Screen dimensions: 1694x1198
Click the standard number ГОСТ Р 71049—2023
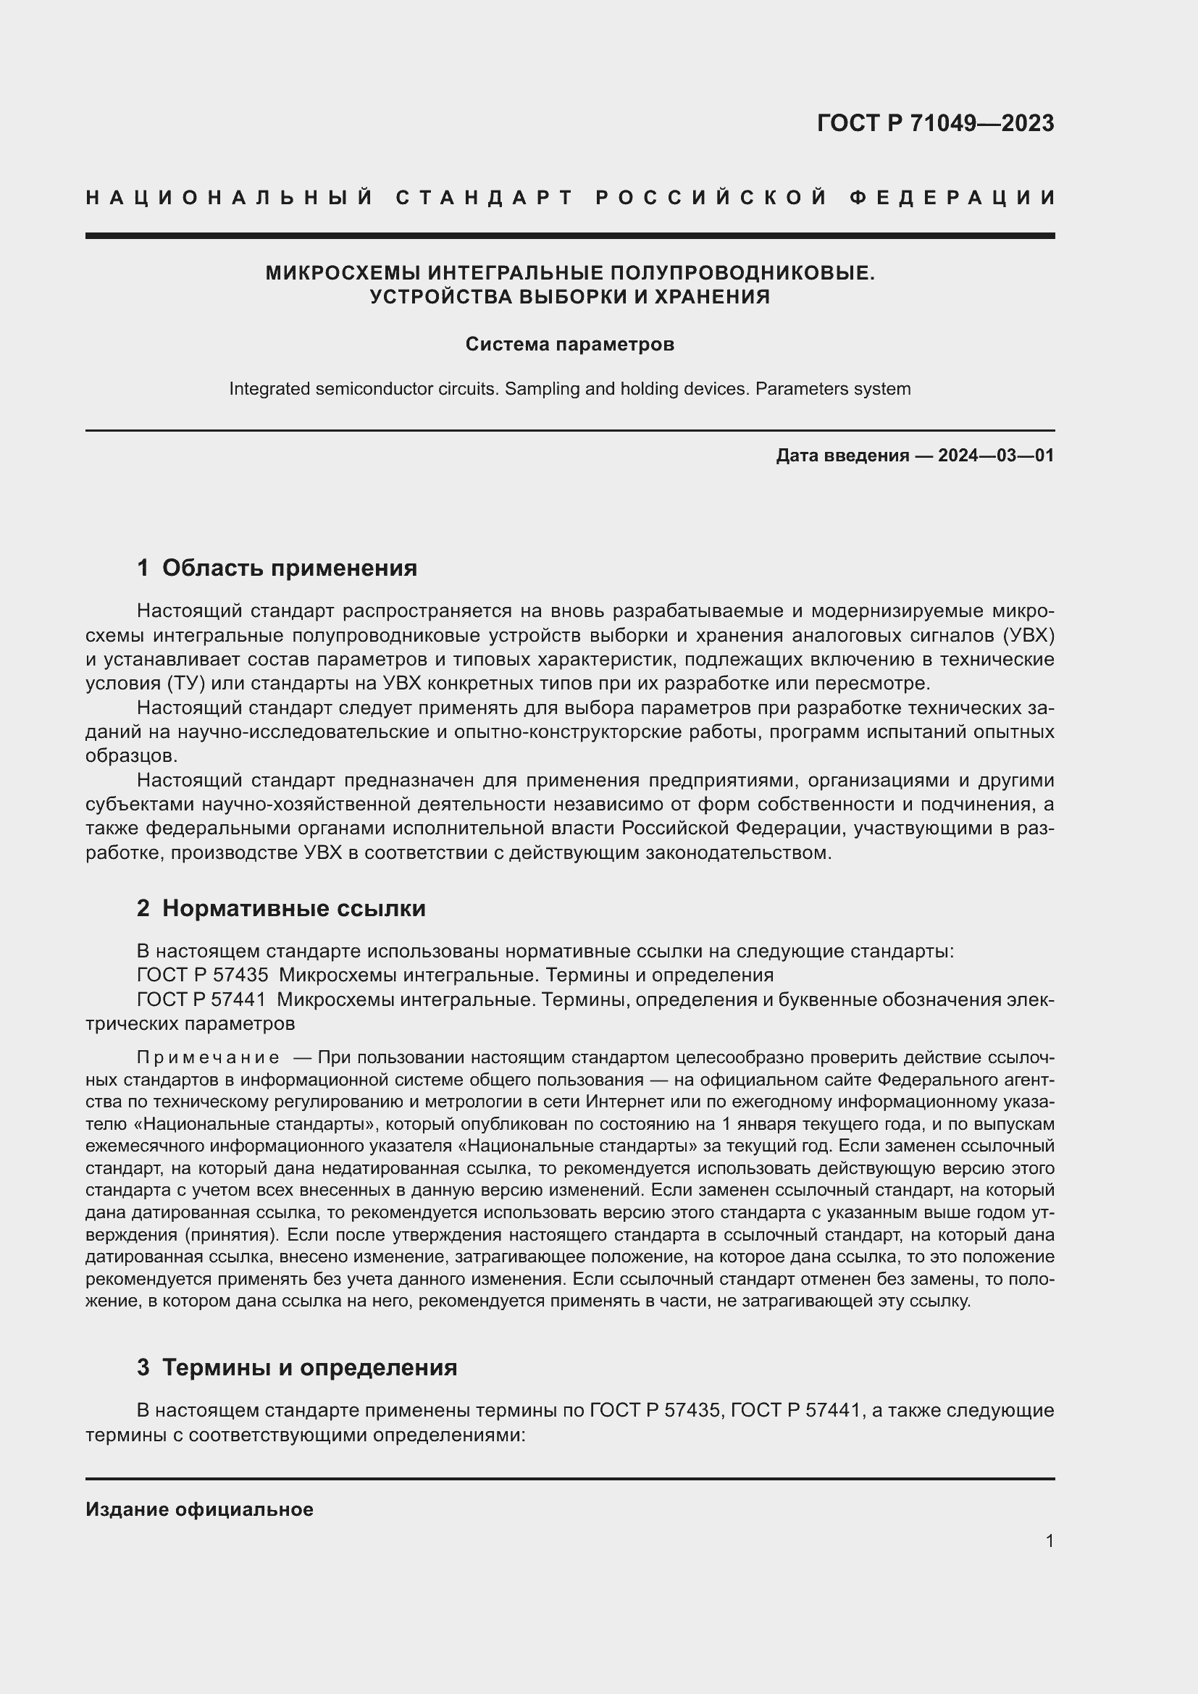point(935,123)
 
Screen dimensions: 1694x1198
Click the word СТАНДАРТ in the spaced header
point(485,198)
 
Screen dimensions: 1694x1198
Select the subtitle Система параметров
point(569,344)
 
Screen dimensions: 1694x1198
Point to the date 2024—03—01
point(996,456)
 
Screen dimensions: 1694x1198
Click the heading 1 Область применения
point(277,567)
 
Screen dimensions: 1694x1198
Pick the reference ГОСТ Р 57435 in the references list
point(202,975)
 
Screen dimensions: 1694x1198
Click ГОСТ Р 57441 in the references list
point(202,999)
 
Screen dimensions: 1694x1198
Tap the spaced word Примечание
point(208,1057)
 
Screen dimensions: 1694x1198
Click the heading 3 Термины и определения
point(296,1367)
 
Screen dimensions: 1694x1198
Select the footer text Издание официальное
point(199,1509)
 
